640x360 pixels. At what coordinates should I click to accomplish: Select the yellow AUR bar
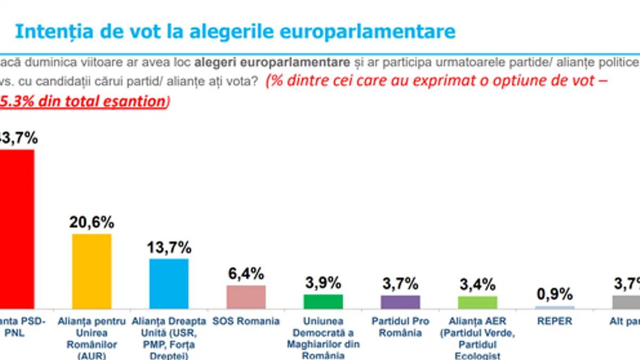click(92, 271)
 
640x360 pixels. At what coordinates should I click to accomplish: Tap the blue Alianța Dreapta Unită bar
click(169, 283)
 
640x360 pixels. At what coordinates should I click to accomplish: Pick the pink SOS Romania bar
click(246, 297)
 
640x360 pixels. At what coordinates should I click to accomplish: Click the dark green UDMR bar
click(323, 301)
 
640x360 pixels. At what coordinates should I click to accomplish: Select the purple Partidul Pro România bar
click(400, 302)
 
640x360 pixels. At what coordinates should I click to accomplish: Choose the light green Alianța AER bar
click(477, 302)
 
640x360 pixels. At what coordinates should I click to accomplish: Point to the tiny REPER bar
click(555, 307)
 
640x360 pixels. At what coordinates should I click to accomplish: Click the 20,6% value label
click(92, 222)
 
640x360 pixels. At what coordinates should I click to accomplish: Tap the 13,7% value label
click(169, 247)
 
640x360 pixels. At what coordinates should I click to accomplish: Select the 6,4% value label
click(246, 274)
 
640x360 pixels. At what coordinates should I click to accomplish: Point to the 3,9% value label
click(323, 283)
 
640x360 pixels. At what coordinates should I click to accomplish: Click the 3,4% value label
click(477, 285)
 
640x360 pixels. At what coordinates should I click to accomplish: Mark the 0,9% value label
click(555, 294)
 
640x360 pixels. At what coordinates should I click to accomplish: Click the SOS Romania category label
click(246, 321)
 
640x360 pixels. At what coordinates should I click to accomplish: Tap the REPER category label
click(555, 321)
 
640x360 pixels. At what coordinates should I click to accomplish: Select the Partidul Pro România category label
click(400, 327)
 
